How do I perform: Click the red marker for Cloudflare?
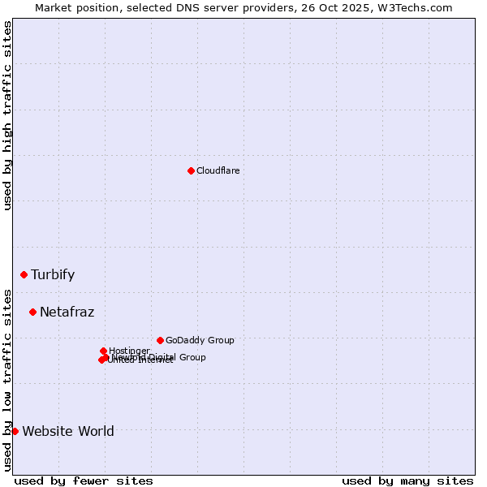coord(191,170)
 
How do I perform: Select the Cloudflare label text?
coord(218,170)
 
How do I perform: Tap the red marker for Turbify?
coord(24,274)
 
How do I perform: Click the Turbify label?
coord(53,274)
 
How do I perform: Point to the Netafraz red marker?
coord(32,312)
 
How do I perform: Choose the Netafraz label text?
coord(67,312)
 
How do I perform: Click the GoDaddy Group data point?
coord(160,340)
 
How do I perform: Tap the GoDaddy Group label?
coord(200,340)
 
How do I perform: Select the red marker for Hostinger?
coord(103,351)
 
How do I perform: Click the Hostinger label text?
coord(129,351)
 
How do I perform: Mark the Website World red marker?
coord(15,431)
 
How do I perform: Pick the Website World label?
coord(68,431)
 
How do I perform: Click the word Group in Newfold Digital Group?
coord(192,357)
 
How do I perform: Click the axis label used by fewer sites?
coord(84,481)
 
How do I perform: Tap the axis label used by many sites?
coord(407,481)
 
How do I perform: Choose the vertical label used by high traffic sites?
coord(7,115)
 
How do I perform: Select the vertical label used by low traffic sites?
coord(7,379)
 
